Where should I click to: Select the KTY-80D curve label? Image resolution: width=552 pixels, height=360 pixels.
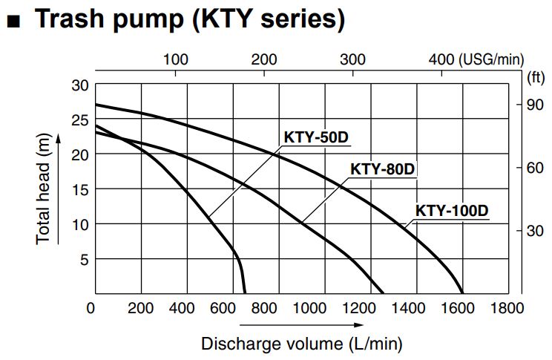click(381, 168)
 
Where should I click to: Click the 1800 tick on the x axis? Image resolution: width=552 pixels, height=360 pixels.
click(507, 308)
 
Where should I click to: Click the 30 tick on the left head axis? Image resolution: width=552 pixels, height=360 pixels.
click(80, 85)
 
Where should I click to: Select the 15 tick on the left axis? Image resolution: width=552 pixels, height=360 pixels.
click(80, 189)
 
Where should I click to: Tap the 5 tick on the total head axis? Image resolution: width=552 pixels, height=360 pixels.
click(84, 259)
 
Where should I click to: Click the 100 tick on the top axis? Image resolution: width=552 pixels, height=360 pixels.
click(175, 59)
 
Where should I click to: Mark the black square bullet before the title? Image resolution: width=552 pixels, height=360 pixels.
click(13, 21)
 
